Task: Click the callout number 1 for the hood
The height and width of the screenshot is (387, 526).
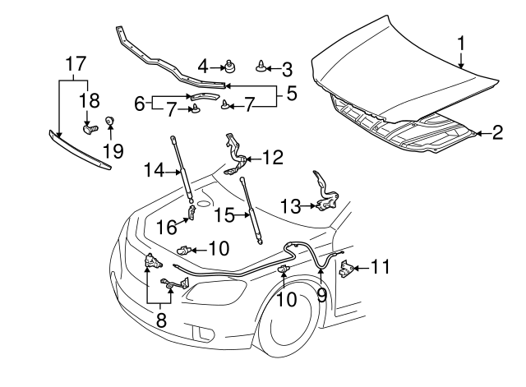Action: (462, 41)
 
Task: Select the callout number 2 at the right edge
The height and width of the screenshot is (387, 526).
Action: (497, 131)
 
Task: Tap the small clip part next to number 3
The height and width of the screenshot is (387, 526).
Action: (261, 67)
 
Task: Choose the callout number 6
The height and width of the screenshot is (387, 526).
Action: (140, 104)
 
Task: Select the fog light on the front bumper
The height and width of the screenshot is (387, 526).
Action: (201, 334)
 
